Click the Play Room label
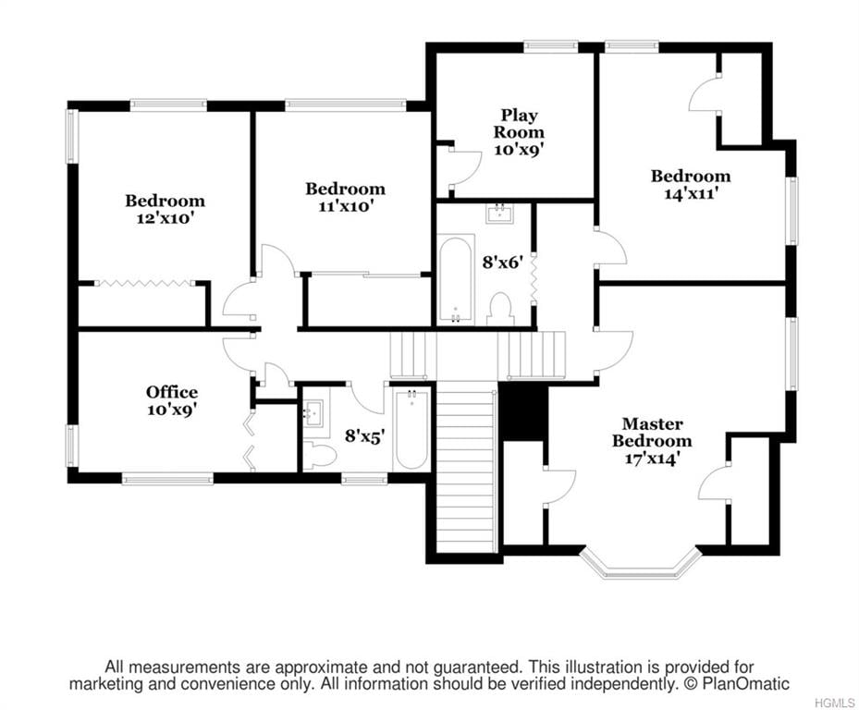519,123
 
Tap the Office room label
171,392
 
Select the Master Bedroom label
652,433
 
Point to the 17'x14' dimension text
652,458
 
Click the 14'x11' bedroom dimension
691,193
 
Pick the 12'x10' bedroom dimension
165,218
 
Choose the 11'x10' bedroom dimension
345,206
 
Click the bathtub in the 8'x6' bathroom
456,279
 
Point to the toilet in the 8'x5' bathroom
319,455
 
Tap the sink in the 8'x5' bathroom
313,410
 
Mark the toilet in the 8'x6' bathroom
500,310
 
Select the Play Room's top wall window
550,46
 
